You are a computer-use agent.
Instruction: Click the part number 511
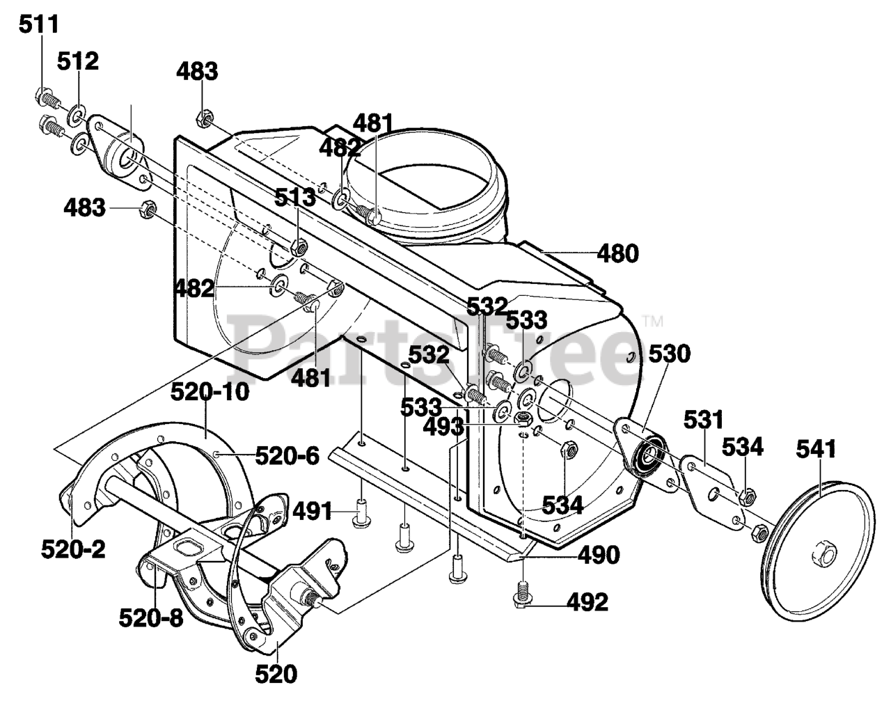coord(39,25)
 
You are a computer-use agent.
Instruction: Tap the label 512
coord(78,61)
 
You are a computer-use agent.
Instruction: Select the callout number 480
coord(617,253)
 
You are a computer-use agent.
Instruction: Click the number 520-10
coord(210,392)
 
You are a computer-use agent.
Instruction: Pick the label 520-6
coord(287,456)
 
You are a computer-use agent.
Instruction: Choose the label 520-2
coord(73,550)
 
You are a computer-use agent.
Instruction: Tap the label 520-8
coord(151,618)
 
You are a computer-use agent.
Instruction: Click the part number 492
coord(588,602)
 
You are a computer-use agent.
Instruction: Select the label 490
coord(599,556)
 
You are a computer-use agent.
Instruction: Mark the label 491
coord(312,512)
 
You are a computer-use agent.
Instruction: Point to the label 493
coord(443,427)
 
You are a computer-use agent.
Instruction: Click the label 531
coord(703,420)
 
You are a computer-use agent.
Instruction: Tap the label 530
coord(670,354)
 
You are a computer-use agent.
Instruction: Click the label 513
coord(295,198)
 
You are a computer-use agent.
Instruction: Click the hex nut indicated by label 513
coord(298,248)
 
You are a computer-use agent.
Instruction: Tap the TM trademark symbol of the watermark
coord(652,321)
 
